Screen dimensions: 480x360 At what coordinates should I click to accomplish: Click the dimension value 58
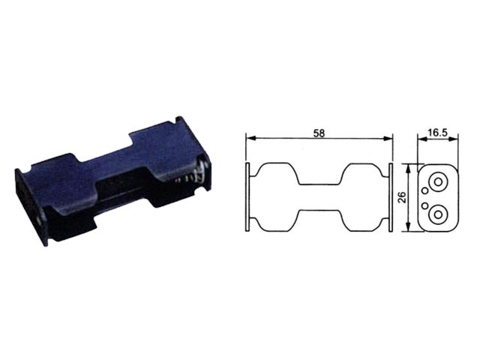(319, 133)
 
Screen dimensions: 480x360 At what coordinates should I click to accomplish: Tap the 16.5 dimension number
(438, 133)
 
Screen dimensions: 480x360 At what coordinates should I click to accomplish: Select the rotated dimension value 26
(403, 197)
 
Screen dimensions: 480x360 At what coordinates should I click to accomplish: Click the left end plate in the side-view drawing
(247, 197)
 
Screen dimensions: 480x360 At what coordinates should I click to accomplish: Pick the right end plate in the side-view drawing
(391, 197)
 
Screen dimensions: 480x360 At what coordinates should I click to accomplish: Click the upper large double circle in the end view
(438, 181)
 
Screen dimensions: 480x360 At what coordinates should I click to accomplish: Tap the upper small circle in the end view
(425, 190)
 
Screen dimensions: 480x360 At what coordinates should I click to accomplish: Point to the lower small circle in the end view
(425, 205)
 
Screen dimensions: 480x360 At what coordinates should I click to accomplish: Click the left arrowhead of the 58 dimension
(250, 139)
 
